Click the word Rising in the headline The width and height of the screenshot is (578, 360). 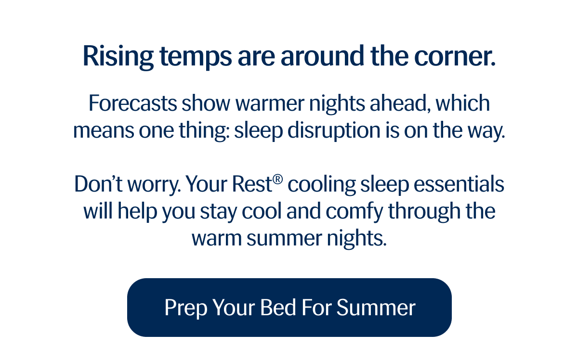[118, 57]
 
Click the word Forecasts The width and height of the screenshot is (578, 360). [132, 103]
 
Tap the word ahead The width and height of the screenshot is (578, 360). [400, 103]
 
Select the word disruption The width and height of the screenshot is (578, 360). [334, 130]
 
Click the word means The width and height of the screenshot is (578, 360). [104, 131]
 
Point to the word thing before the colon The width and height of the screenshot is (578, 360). [203, 131]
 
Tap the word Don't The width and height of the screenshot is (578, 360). [98, 184]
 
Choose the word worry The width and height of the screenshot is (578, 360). [154, 186]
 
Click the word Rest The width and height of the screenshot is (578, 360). [252, 184]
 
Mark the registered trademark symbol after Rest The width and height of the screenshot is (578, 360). [277, 179]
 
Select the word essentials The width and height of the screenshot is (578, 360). [459, 184]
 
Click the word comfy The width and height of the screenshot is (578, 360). [355, 212]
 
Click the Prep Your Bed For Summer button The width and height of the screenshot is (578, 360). [289, 308]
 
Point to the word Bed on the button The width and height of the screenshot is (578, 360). [278, 307]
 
